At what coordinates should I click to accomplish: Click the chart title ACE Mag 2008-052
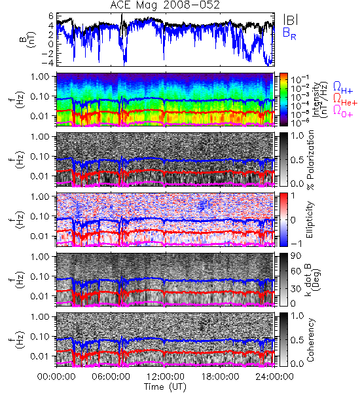tap(165, 5)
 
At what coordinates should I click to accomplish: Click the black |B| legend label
tap(291, 20)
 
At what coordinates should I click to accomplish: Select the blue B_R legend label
tap(289, 33)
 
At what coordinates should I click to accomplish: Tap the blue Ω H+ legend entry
tap(343, 88)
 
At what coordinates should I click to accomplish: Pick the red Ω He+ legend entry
tap(345, 100)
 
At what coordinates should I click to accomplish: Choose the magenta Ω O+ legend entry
tap(343, 111)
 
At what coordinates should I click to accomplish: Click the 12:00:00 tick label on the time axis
tap(166, 377)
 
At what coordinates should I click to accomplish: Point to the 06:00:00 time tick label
tap(111, 377)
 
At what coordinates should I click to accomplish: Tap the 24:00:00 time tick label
tap(274, 377)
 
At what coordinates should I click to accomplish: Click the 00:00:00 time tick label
tap(56, 377)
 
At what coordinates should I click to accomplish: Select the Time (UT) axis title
tap(165, 387)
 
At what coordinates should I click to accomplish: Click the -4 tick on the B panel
tap(47, 62)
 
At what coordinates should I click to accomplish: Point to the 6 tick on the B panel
tap(51, 16)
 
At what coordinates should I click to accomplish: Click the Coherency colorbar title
tap(310, 340)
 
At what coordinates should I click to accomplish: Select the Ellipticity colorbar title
tap(310, 219)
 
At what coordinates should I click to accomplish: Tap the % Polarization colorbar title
tap(310, 160)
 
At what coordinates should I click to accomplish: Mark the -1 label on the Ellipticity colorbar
tap(296, 244)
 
